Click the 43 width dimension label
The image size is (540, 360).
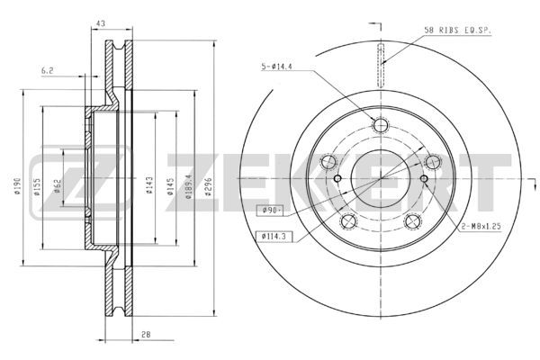pos(101,23)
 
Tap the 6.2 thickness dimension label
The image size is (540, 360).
pos(48,71)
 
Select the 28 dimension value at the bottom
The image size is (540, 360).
pos(146,335)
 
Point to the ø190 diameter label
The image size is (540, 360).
pos(18,186)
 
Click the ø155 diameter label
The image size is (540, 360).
pos(37,186)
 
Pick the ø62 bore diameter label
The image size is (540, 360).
pos(58,186)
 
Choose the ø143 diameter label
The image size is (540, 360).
pos(149,185)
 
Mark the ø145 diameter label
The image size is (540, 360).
pos(170,186)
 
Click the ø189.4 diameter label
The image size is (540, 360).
pos(188,186)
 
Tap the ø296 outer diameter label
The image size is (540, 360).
pos(208,186)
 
